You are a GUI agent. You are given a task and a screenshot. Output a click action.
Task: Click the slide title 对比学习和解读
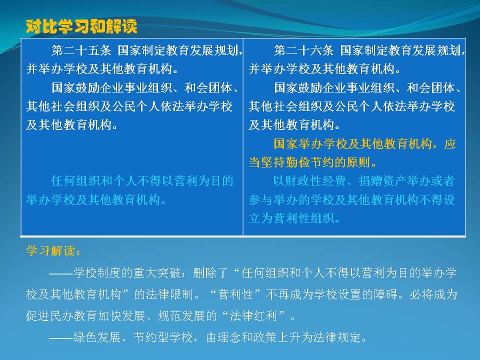[x=81, y=26]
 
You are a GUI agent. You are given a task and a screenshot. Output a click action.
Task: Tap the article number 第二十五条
[x=81, y=50]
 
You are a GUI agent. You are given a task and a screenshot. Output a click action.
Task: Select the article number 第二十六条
[x=303, y=50]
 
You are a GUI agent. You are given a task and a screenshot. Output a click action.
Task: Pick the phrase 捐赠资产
[x=382, y=181]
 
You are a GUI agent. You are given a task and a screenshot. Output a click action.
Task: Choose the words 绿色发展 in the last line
[x=97, y=337]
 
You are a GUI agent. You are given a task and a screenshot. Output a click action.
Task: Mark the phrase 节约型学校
[x=163, y=337]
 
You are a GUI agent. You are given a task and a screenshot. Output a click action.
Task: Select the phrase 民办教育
[x=73, y=315]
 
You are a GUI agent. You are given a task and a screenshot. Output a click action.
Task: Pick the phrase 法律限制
[x=169, y=294]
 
